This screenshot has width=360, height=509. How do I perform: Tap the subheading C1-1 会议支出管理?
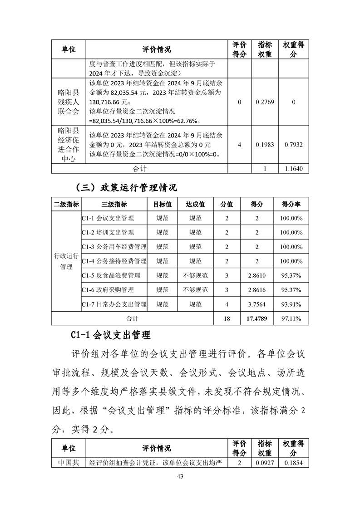click(x=110, y=335)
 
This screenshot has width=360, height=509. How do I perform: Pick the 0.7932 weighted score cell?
click(x=293, y=144)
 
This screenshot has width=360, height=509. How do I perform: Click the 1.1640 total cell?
click(x=293, y=168)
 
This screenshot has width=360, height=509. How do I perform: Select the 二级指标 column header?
click(x=66, y=204)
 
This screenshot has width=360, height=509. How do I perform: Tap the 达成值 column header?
click(x=196, y=204)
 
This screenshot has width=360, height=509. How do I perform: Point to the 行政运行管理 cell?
click(x=66, y=261)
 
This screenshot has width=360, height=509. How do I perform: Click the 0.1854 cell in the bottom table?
click(x=293, y=463)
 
